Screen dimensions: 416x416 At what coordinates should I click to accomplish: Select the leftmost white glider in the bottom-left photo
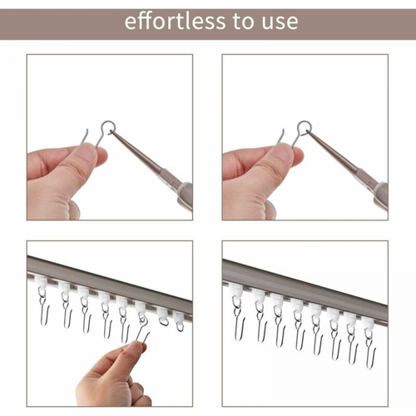pos(41,290)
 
